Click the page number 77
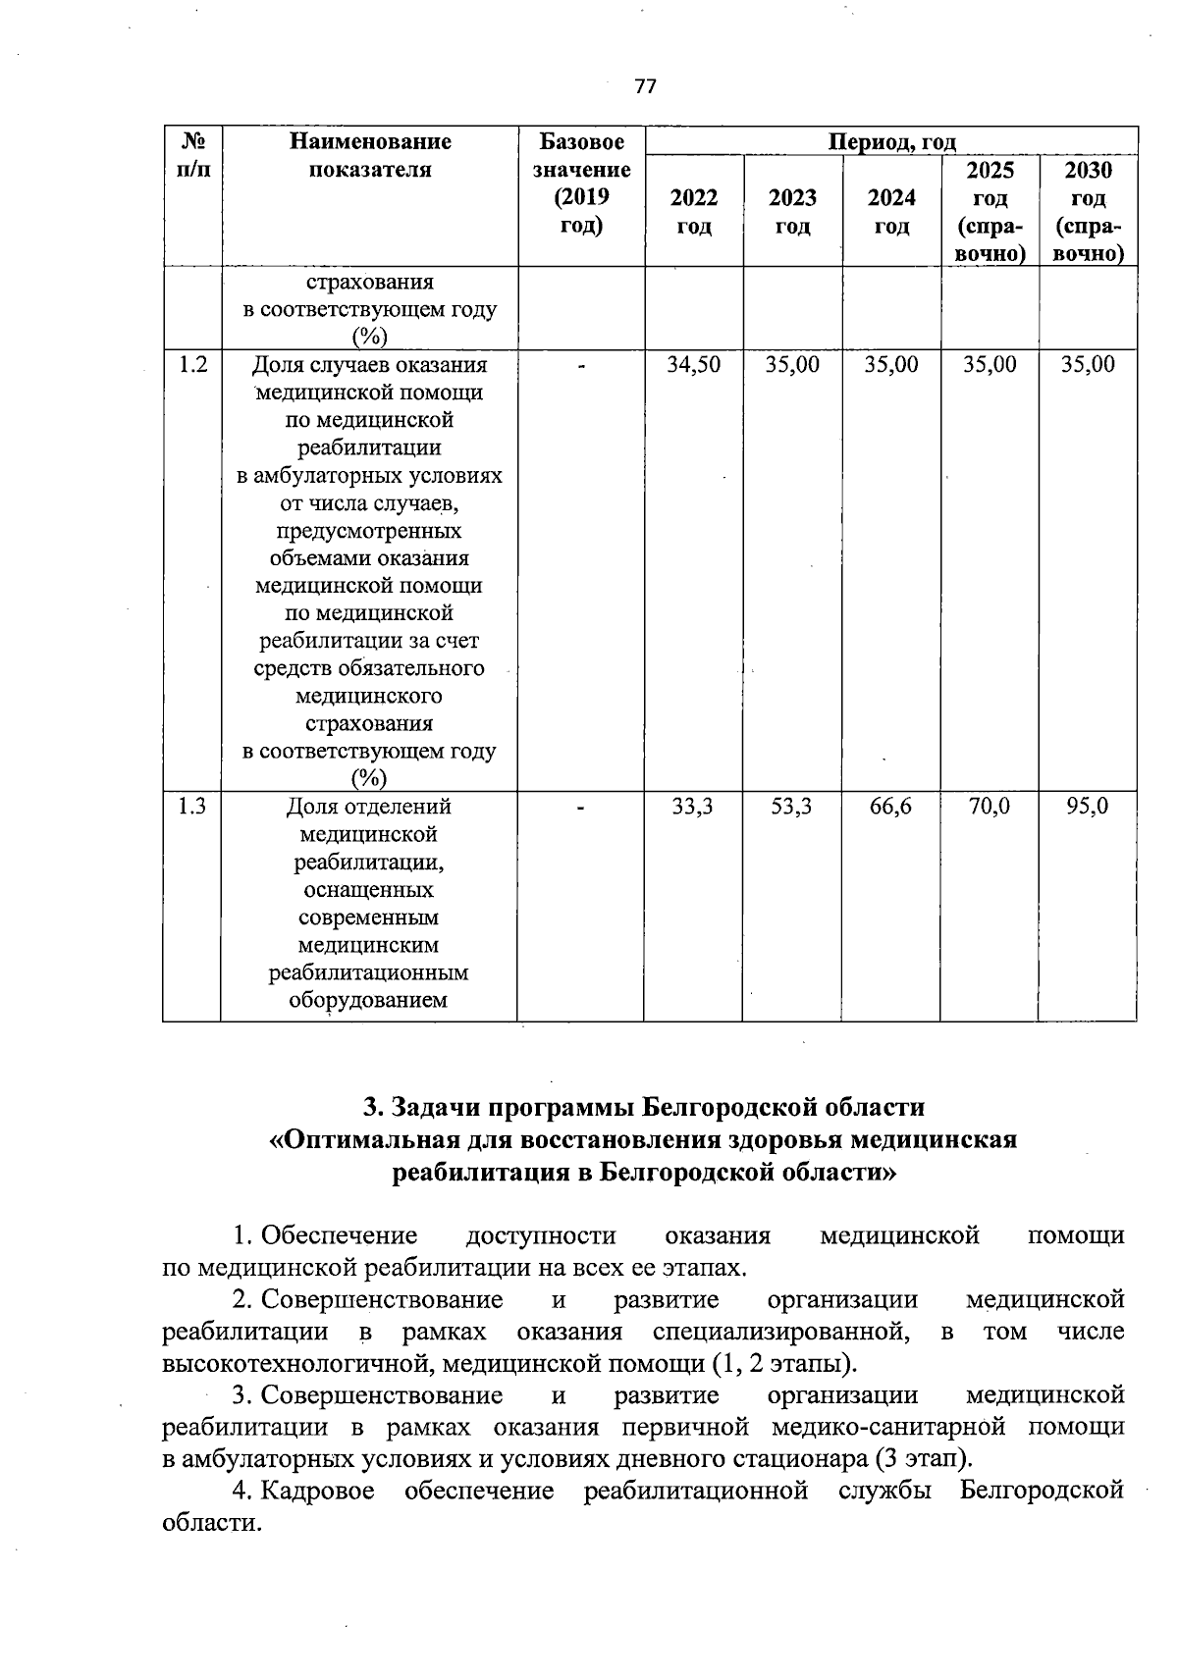[x=645, y=86]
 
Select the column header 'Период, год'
[x=891, y=142]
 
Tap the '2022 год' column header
[x=693, y=212]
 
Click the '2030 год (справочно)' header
[x=1088, y=212]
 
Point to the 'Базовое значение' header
[x=581, y=183]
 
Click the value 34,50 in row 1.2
[x=693, y=365]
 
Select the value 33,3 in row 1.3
[x=693, y=807]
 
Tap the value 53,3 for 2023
[x=791, y=807]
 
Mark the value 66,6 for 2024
[x=890, y=807]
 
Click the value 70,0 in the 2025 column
[x=989, y=807]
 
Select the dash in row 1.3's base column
[x=581, y=807]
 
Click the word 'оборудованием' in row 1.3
[x=368, y=1001]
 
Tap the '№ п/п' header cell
[x=192, y=155]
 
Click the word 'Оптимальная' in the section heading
[x=360, y=1140]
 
